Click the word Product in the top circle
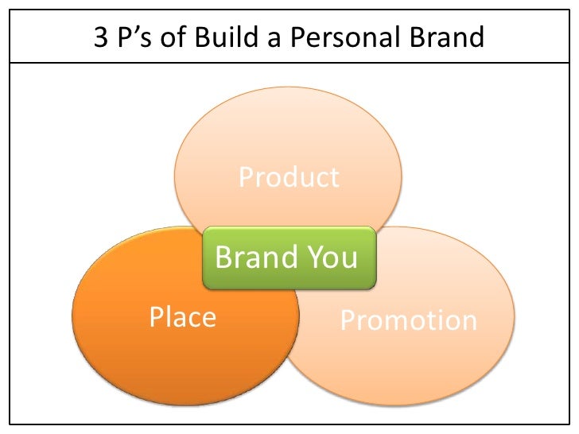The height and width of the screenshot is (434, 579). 289,176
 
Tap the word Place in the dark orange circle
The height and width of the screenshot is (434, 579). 183,317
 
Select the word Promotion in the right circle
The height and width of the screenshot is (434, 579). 409,320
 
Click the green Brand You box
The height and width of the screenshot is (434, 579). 289,257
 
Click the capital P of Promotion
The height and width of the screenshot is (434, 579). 348,320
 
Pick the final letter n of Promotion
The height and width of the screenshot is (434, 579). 469,322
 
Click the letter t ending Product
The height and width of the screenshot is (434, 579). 335,177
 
